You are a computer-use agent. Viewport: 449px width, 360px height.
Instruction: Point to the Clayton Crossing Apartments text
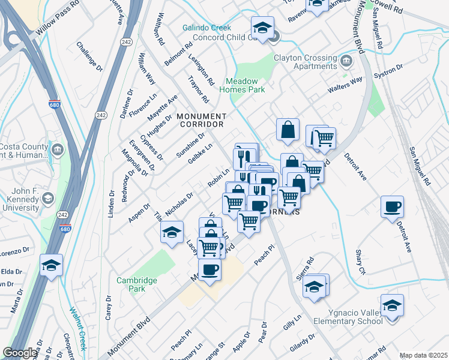305,62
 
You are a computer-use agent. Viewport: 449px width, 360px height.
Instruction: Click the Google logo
20,353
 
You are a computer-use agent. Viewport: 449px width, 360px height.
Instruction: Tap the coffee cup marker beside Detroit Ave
393,208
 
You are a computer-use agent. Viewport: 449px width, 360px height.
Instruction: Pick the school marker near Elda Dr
52,265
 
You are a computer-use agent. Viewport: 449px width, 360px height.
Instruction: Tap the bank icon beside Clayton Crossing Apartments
346,61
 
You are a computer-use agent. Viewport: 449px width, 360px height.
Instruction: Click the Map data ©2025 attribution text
423,355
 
